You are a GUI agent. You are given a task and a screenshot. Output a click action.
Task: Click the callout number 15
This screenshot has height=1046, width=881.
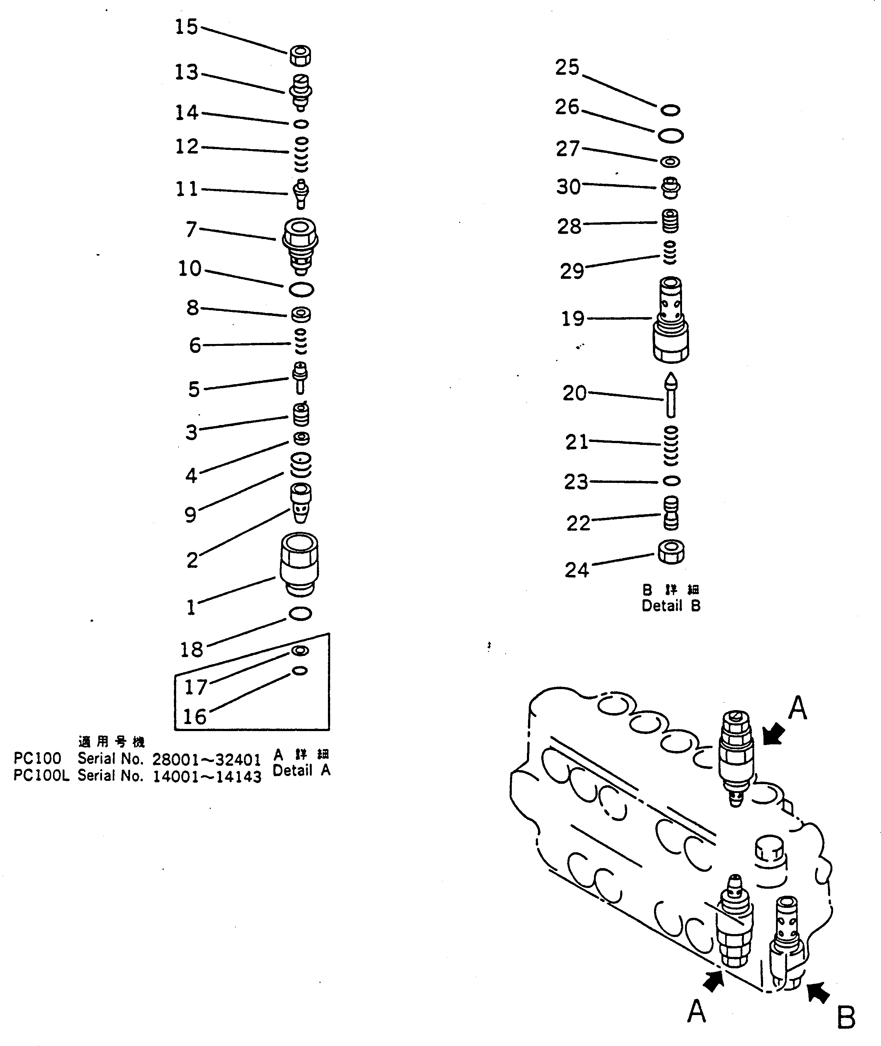tap(186, 27)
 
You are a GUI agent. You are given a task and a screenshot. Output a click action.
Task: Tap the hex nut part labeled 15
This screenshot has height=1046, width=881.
tap(300, 55)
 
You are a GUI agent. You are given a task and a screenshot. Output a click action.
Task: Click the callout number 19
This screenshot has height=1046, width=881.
tap(573, 319)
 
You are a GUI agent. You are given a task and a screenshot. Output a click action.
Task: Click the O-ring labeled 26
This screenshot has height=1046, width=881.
tap(670, 135)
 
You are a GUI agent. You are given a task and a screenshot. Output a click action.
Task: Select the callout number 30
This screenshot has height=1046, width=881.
tap(568, 187)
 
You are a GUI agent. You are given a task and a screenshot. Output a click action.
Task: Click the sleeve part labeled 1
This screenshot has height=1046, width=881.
tap(300, 564)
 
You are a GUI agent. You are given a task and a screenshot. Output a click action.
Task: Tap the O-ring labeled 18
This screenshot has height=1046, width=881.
tap(300, 614)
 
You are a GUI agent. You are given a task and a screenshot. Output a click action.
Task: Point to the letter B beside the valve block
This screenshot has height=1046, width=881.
tap(846, 1018)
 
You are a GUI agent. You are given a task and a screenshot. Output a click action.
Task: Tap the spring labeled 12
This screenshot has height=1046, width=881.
tap(301, 154)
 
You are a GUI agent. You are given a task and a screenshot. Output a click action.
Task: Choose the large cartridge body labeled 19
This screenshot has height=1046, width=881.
tap(671, 320)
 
